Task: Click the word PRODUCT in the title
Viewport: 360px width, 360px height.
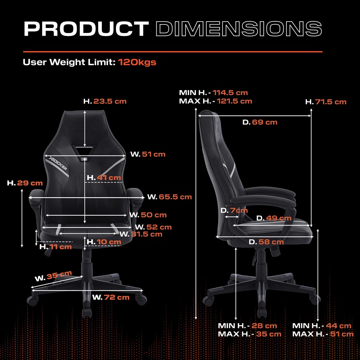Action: coord(86,29)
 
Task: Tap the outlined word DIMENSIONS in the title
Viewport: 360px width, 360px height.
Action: coord(239,29)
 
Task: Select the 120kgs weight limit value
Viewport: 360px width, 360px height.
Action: coord(137,62)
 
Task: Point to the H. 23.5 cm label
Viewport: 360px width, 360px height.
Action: coord(105,101)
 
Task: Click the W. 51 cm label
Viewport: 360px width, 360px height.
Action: coord(148,154)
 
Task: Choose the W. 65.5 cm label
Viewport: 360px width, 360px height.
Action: coord(170,197)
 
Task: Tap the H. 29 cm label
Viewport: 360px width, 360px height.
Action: coord(25,183)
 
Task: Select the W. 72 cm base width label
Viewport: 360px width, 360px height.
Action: coord(111,297)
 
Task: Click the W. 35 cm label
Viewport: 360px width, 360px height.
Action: coord(53,276)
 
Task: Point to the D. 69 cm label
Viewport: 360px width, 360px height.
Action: coord(260,122)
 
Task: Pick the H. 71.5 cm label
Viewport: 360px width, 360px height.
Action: coord(326,102)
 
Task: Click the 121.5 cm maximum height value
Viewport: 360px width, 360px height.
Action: coord(234,101)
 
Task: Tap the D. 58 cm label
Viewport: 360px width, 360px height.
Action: coord(266,242)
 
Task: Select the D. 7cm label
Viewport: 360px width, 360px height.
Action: coord(234,210)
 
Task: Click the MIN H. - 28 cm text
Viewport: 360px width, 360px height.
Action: coord(247,325)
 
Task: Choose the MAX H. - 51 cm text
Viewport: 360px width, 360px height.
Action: coord(323,334)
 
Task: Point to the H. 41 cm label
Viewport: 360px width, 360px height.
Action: coord(104,177)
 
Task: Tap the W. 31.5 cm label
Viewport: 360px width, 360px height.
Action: coord(141,234)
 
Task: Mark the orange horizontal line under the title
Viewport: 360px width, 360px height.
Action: coord(173,51)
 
